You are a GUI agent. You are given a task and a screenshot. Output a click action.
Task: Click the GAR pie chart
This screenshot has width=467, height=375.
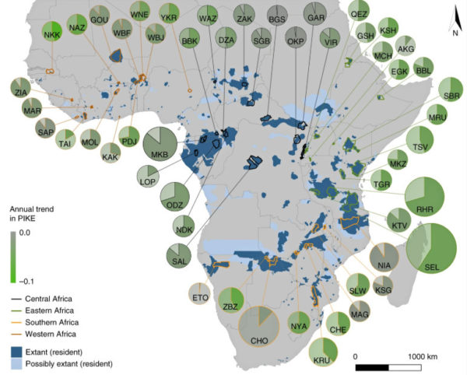pyautogui.click(x=316, y=16)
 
